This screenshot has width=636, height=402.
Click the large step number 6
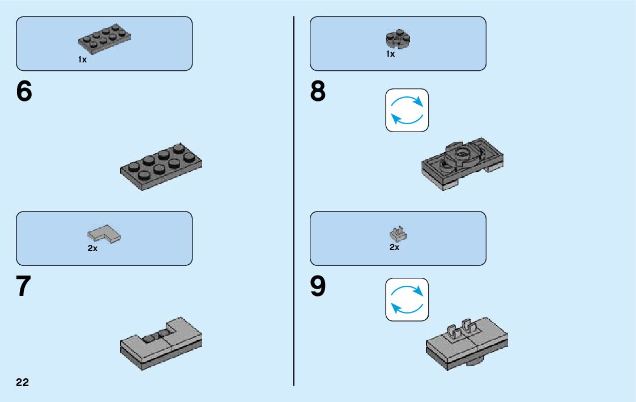[24, 92]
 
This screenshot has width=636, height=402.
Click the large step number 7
[23, 287]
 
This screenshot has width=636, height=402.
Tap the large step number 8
[318, 92]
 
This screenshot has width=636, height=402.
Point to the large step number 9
[318, 287]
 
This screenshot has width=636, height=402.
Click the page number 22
[23, 382]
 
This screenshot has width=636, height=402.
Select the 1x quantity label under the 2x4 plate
[83, 60]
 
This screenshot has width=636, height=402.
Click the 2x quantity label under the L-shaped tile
[92, 248]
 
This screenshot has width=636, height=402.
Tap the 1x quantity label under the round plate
[390, 54]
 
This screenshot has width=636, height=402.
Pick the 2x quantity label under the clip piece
[394, 247]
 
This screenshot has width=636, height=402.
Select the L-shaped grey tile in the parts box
[105, 234]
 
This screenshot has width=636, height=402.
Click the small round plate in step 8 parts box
[398, 39]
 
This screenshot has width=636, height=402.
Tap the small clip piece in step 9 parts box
[399, 234]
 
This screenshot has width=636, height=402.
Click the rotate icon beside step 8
[407, 110]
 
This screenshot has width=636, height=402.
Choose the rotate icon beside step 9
[407, 299]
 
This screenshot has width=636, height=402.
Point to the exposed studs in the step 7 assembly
[157, 336]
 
